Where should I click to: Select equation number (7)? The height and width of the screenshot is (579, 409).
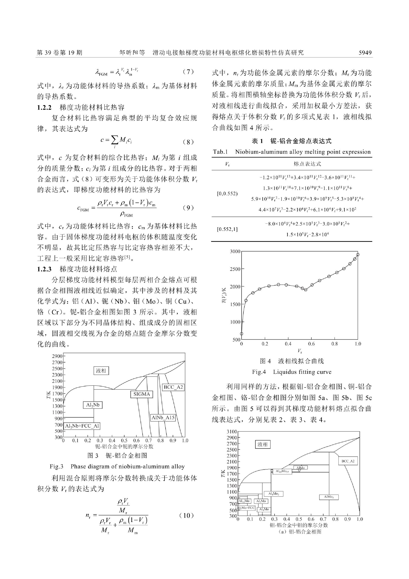click(x=188, y=72)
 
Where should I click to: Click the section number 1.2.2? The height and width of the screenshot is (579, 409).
click(x=44, y=108)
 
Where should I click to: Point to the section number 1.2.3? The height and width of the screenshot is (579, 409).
click(x=44, y=269)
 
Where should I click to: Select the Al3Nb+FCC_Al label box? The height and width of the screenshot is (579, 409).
click(x=82, y=426)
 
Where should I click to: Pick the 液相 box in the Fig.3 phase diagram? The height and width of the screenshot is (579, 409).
click(x=101, y=371)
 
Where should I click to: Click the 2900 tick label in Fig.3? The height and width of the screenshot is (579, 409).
click(x=57, y=356)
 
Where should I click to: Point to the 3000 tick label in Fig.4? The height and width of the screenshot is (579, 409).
click(x=235, y=251)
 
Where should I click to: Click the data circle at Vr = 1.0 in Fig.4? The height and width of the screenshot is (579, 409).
click(x=357, y=254)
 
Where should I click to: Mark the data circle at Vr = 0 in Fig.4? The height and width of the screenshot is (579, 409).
click(x=242, y=334)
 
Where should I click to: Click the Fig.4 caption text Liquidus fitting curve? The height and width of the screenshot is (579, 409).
click(x=302, y=372)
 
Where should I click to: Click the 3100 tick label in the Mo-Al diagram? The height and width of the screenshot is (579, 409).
click(x=232, y=431)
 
